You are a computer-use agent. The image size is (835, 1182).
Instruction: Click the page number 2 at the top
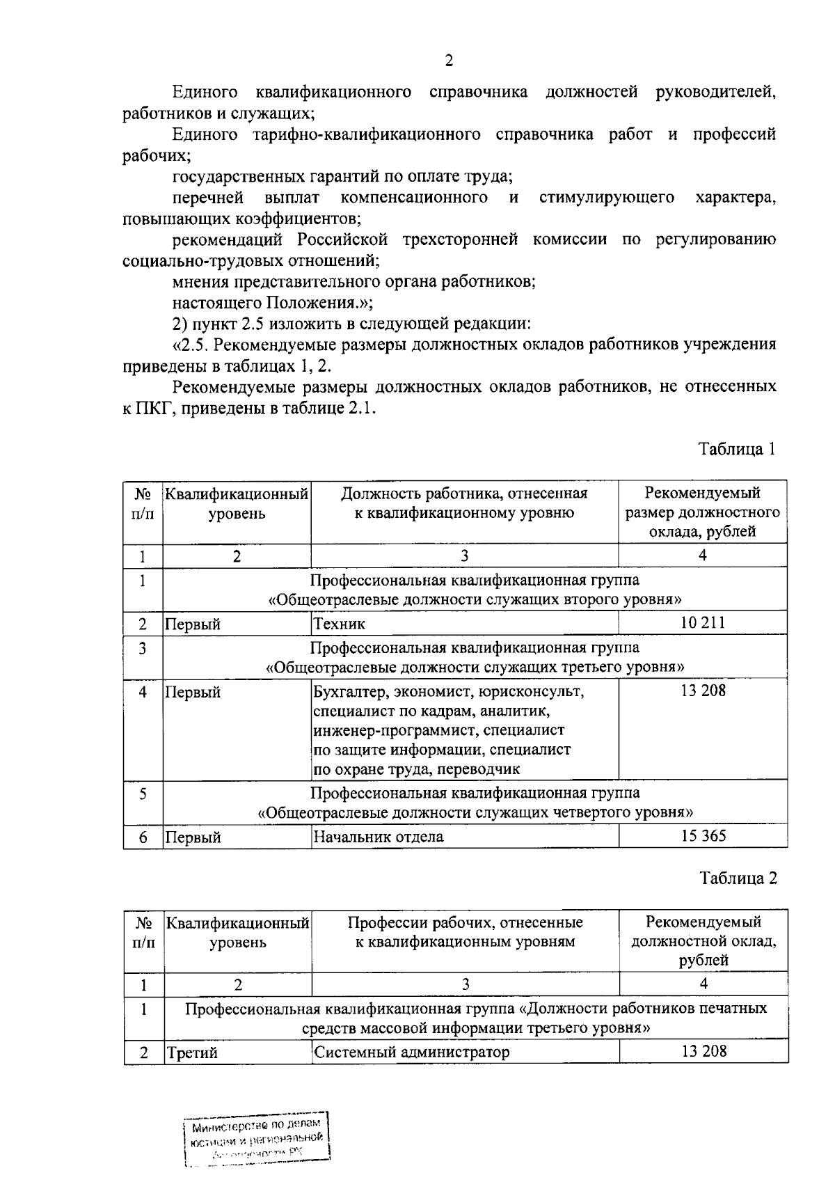pyautogui.click(x=449, y=61)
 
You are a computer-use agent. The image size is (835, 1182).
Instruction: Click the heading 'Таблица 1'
pyautogui.click(x=737, y=449)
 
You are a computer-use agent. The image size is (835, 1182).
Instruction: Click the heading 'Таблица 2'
pyautogui.click(x=738, y=878)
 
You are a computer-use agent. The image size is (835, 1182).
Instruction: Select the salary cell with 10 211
pyautogui.click(x=702, y=622)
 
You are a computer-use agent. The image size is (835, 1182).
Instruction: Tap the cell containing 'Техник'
pyautogui.click(x=340, y=624)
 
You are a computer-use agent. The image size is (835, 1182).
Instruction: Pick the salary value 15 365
pyautogui.click(x=703, y=835)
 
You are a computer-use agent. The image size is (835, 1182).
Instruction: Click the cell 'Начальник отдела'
pyautogui.click(x=378, y=837)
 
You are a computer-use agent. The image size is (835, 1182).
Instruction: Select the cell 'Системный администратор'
pyautogui.click(x=411, y=1052)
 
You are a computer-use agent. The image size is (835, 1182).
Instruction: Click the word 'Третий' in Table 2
pyautogui.click(x=191, y=1053)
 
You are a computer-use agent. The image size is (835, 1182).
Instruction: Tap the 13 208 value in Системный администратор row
pyautogui.click(x=703, y=1051)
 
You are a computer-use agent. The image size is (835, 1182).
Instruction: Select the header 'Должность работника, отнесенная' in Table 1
pyautogui.click(x=464, y=494)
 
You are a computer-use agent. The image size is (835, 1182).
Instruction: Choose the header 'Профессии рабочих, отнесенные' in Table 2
pyautogui.click(x=465, y=922)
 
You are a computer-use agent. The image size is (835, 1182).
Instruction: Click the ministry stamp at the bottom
pyautogui.click(x=256, y=1139)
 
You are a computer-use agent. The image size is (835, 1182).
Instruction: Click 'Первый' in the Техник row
pyautogui.click(x=193, y=624)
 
